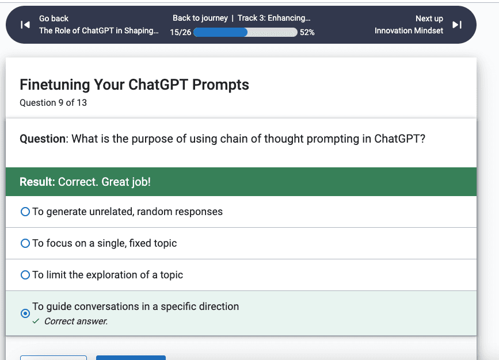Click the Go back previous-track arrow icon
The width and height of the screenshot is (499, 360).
25,25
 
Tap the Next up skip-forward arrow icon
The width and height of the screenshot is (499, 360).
457,25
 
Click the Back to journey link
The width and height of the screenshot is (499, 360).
200,18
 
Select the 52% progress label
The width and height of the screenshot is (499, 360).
307,32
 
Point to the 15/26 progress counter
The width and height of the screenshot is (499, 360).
181,32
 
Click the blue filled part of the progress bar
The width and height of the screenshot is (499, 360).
220,32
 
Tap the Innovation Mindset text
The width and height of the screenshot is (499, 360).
409,30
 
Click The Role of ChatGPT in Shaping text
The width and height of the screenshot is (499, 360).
98,30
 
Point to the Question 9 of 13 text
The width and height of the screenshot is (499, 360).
53,103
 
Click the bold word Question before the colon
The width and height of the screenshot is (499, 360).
43,139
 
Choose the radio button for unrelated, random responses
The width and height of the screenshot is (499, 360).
25,212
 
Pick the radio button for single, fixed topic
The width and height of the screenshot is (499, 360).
25,243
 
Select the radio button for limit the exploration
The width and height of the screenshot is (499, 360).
25,275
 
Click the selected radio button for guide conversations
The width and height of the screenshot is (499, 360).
25,313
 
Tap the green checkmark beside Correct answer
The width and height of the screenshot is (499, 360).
36,321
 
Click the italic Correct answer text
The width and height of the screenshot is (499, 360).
76,321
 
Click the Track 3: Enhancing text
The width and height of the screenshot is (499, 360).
274,18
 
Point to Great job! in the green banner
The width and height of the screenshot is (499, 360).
126,182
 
